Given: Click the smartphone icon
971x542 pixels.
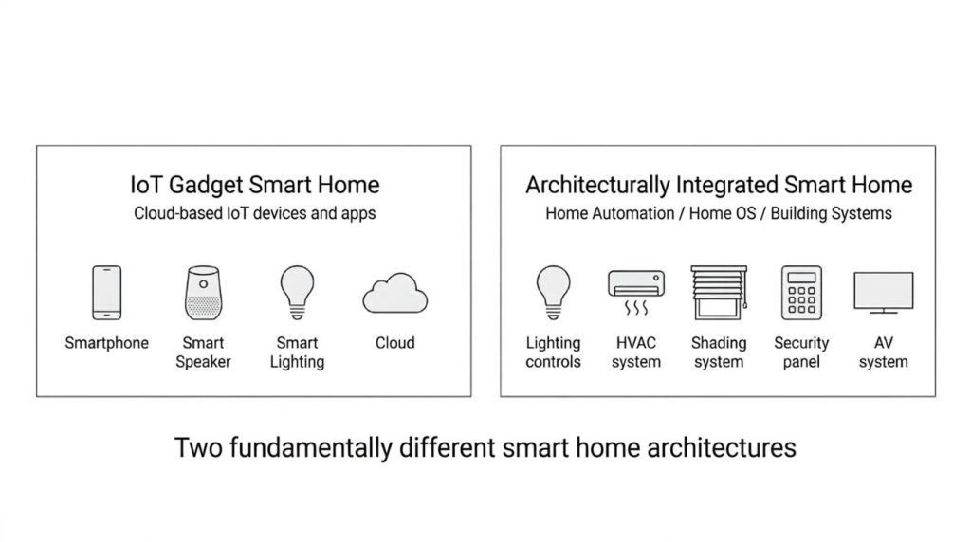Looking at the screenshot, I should pyautogui.click(x=106, y=293).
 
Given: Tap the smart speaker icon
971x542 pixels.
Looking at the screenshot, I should pyautogui.click(x=203, y=293).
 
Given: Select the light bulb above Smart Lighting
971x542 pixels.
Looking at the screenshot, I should pyautogui.click(x=297, y=291).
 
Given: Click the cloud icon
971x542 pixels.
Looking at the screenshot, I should pyautogui.click(x=394, y=295).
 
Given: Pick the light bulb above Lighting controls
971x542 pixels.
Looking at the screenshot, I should pyautogui.click(x=553, y=291).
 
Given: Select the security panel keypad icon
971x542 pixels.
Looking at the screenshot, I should pyautogui.click(x=801, y=293).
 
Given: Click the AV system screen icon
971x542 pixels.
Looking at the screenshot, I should pyautogui.click(x=884, y=293).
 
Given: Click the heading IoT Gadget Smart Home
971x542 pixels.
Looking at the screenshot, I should pyautogui.click(x=254, y=185).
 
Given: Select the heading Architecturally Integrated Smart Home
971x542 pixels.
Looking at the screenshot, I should pyautogui.click(x=719, y=185).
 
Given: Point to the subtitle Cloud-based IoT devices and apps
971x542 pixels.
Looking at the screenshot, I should pyautogui.click(x=254, y=213).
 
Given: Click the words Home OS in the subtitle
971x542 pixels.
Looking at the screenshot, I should pyautogui.click(x=723, y=213).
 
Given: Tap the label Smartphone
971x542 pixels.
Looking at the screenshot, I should pyautogui.click(x=106, y=343).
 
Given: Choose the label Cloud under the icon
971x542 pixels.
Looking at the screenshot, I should pyautogui.click(x=394, y=343).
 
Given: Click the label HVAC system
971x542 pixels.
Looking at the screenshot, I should pyautogui.click(x=635, y=352).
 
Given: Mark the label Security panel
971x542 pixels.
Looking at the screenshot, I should pyautogui.click(x=801, y=352).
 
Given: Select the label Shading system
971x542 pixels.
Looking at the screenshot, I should pyautogui.click(x=719, y=352).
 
